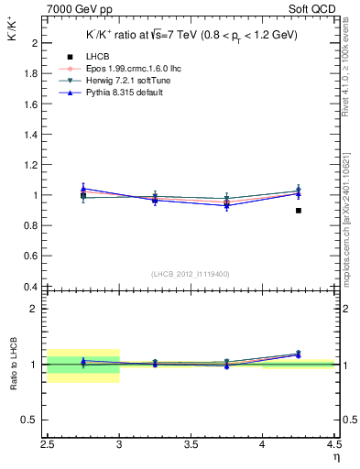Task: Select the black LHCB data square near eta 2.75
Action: click(83, 195)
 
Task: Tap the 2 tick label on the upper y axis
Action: click(34, 43)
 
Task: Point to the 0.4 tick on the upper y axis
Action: click(31, 287)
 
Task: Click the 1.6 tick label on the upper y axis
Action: click(31, 104)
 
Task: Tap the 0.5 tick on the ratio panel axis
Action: click(31, 420)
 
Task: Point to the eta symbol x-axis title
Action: click(336, 457)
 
